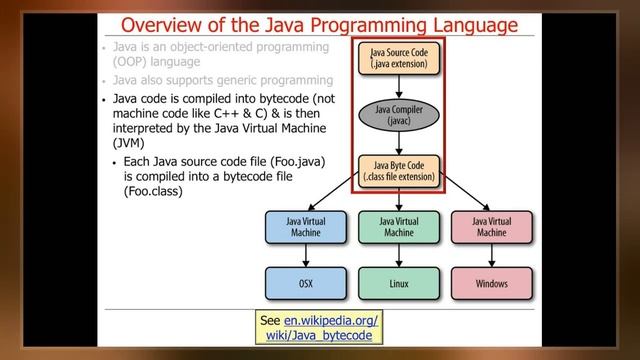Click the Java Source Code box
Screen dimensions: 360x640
tap(398, 59)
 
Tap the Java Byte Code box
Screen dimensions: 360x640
tap(398, 171)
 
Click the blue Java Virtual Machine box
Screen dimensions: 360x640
tap(306, 227)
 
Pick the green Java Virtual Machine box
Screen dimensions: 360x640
tap(398, 227)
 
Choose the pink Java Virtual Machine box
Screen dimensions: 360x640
tap(491, 227)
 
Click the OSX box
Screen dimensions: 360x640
tap(306, 284)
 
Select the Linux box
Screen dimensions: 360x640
tap(398, 284)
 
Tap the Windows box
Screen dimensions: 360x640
tap(491, 284)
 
